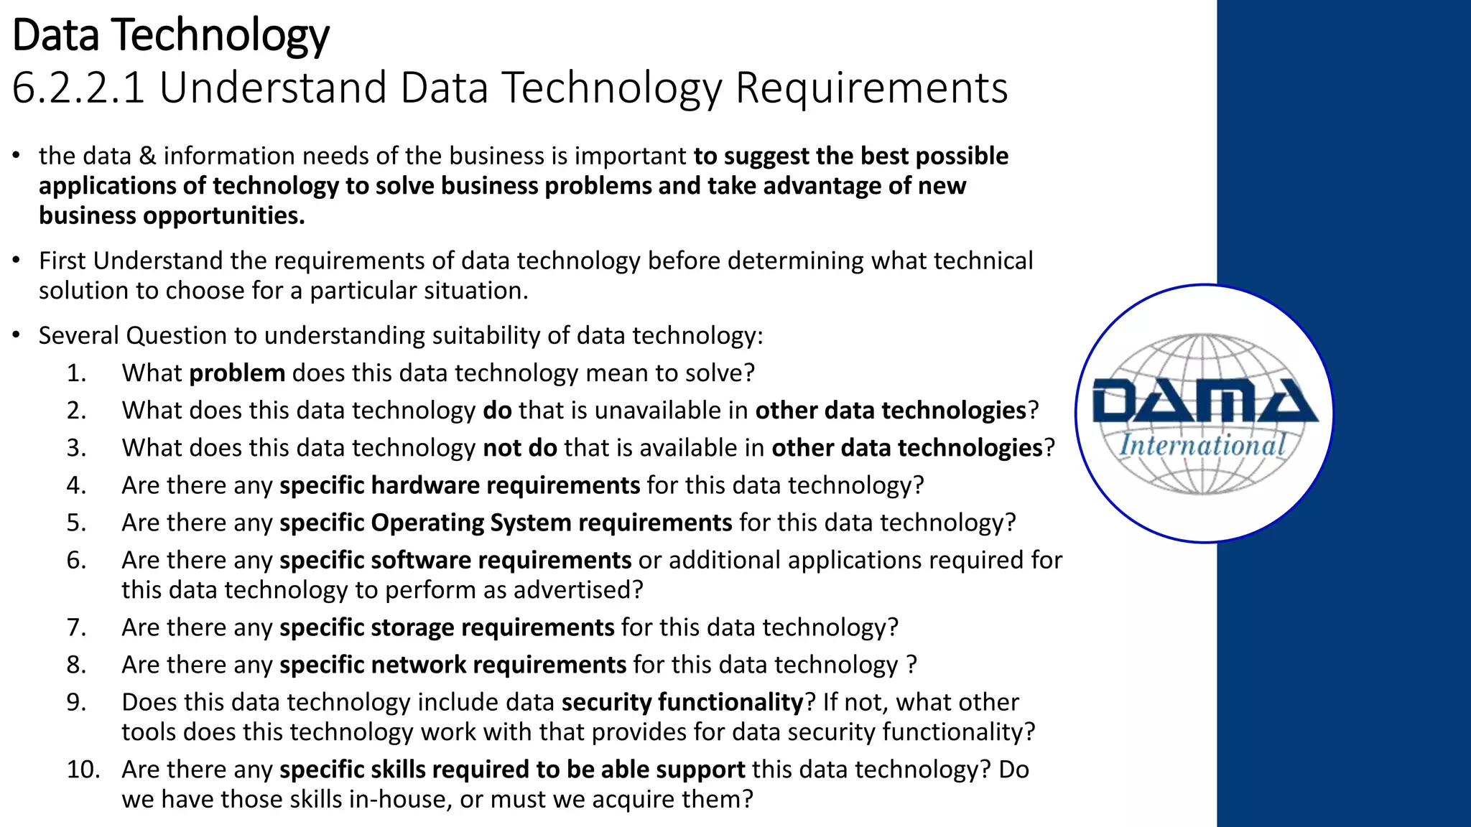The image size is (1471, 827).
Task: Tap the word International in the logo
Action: coord(1202,445)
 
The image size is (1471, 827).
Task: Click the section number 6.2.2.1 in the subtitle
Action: coord(79,88)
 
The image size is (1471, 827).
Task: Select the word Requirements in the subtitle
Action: coord(871,88)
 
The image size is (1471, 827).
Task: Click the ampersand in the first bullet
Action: coord(147,156)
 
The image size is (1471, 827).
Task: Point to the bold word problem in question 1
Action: coord(237,373)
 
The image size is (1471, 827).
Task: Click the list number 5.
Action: coord(76,523)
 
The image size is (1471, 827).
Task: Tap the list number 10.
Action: coord(83,770)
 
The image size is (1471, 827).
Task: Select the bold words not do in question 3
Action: coord(520,448)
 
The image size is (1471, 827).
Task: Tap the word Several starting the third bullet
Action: coord(79,336)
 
